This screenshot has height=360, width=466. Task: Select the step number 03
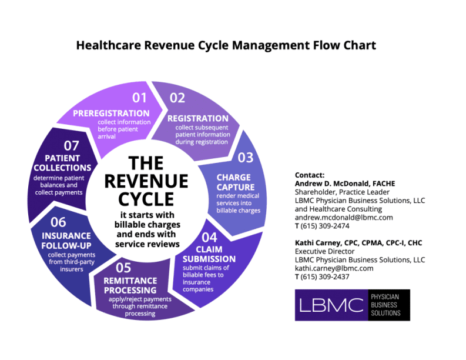tap(245, 157)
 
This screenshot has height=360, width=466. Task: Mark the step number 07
tap(72, 144)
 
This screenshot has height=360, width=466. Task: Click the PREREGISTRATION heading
tap(111, 113)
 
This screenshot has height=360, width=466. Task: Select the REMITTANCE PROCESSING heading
tap(130, 285)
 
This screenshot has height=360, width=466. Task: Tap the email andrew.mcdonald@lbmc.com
tap(344, 217)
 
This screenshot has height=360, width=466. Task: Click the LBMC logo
tap(352, 305)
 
